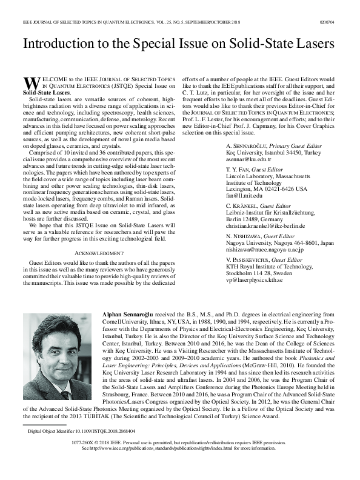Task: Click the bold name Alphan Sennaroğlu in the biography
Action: pyautogui.click(x=132, y=315)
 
